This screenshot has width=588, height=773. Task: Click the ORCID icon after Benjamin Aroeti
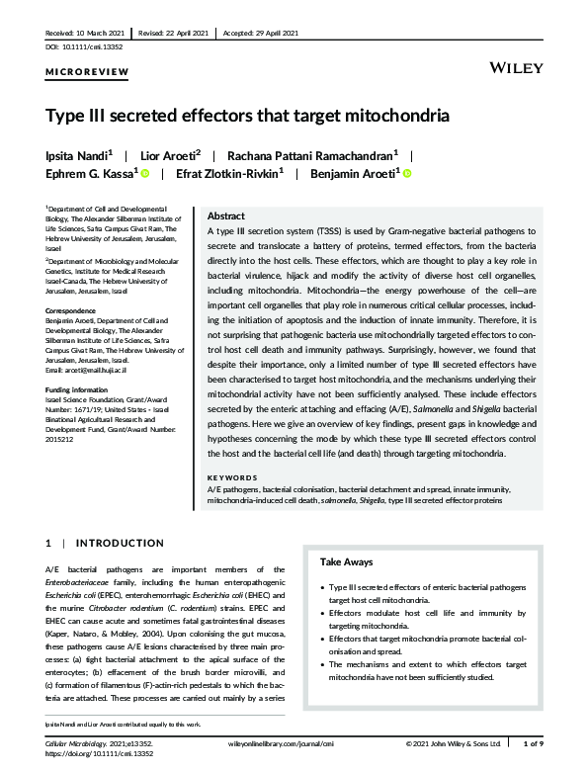[x=406, y=174]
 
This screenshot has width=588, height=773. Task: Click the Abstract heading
[x=226, y=215]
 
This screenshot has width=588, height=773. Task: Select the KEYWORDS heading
[x=233, y=477]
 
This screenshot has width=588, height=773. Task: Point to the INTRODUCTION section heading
[x=120, y=544]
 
